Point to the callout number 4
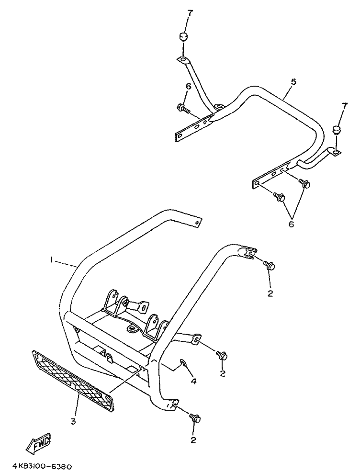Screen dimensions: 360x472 pyautogui.click(x=193, y=382)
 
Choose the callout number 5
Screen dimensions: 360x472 pyautogui.click(x=293, y=82)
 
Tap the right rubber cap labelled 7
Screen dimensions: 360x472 pyautogui.click(x=337, y=130)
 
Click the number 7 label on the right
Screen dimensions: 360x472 pyautogui.click(x=344, y=105)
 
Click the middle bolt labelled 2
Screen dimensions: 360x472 pyautogui.click(x=221, y=355)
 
